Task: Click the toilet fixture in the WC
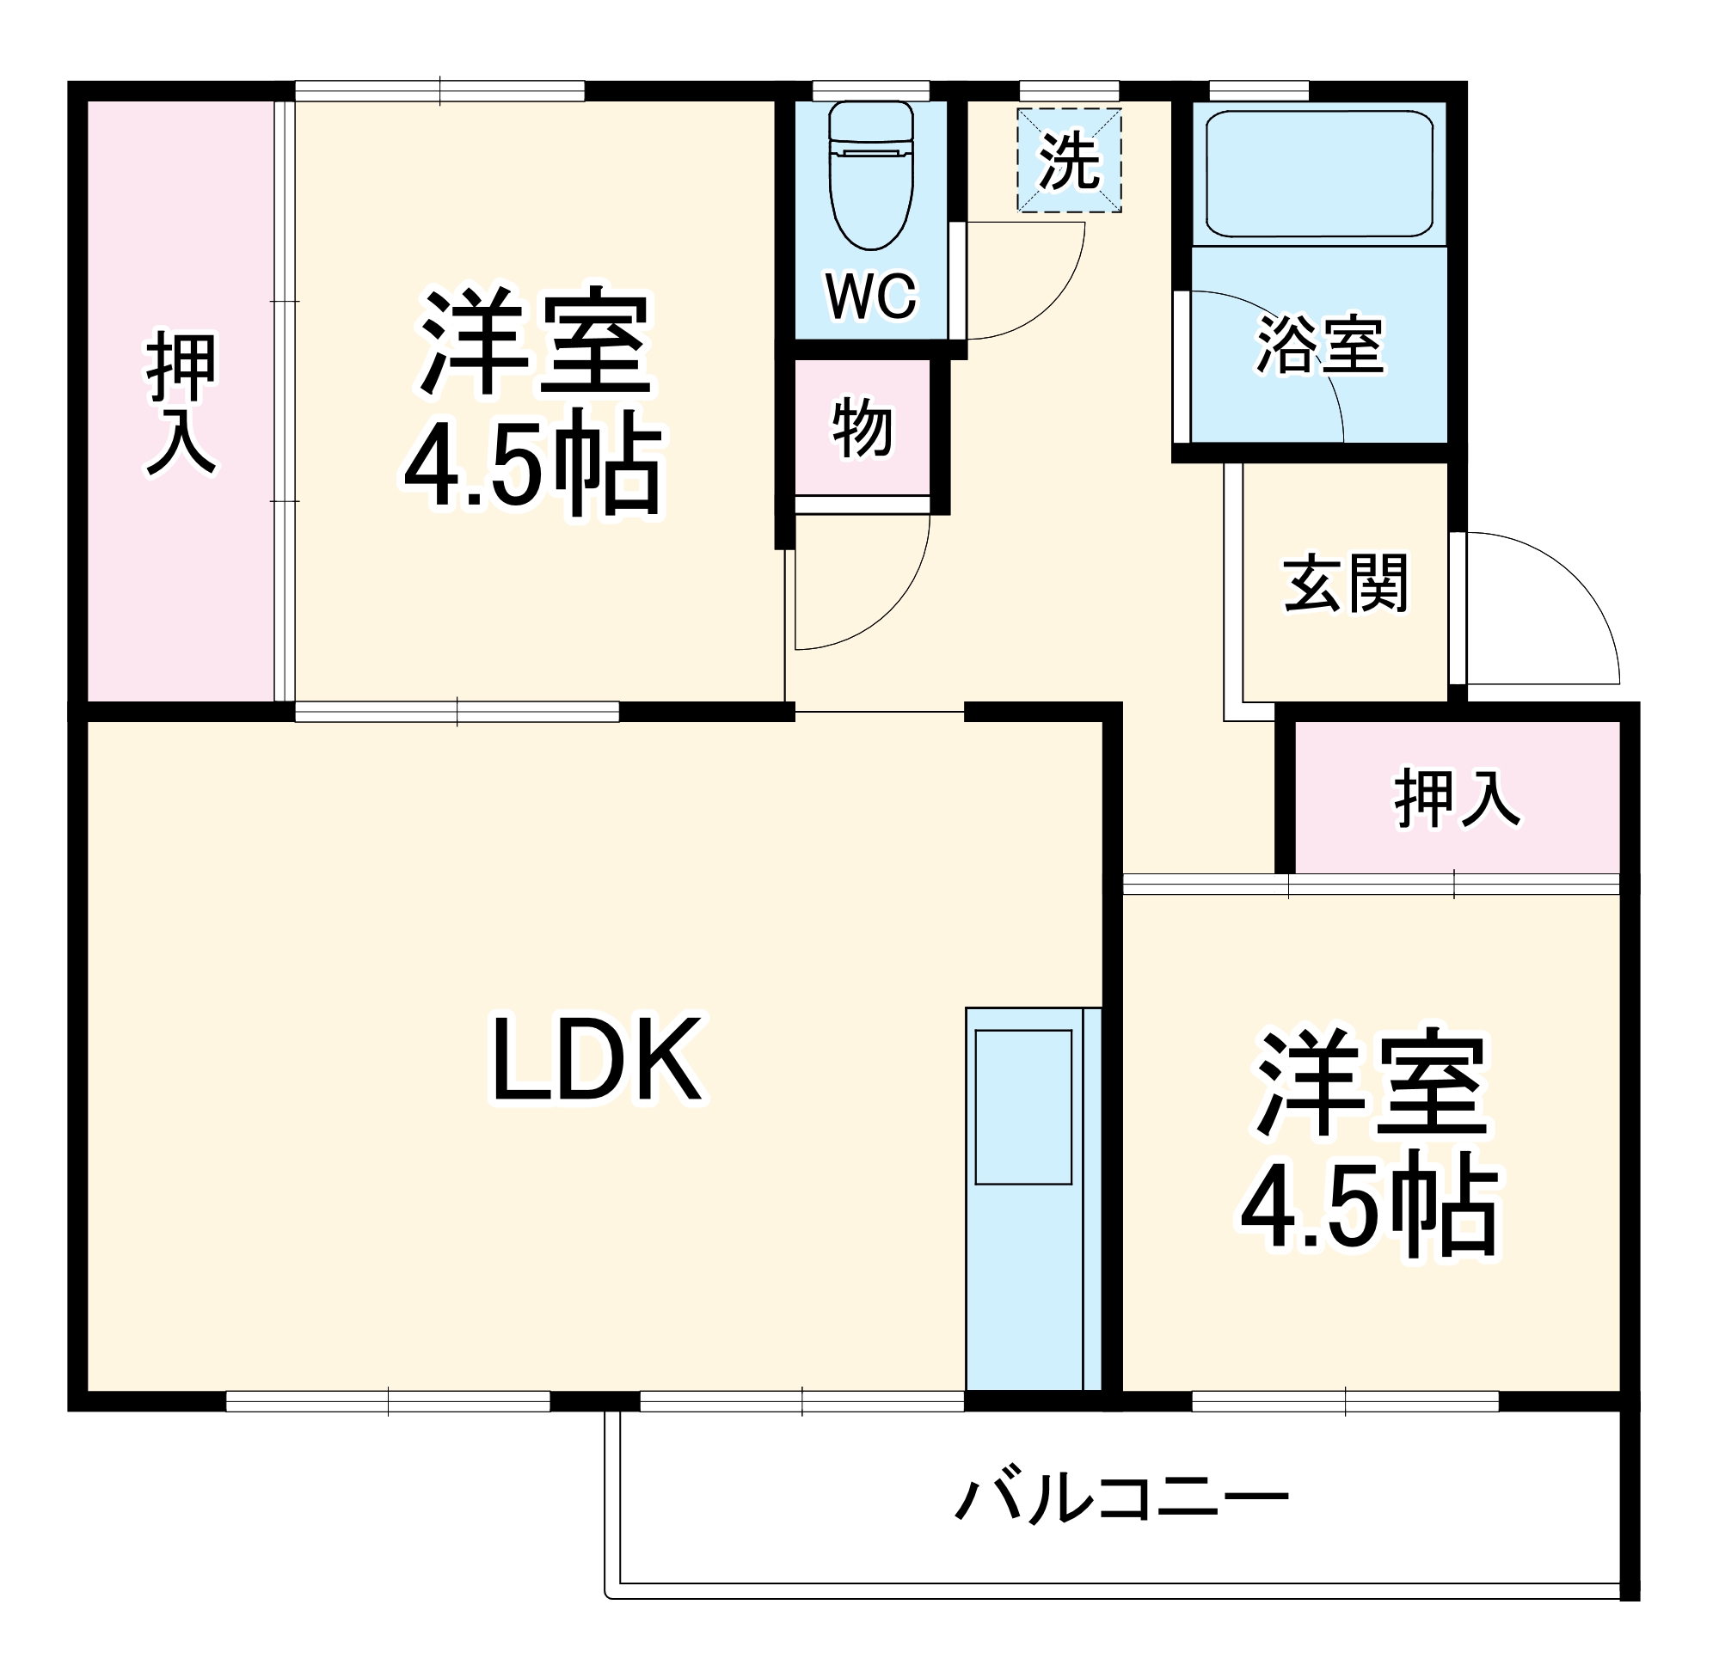coord(871,176)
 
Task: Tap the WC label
coord(870,296)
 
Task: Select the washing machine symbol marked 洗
coord(1068,161)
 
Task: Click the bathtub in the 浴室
coord(1318,174)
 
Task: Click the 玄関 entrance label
coord(1345,583)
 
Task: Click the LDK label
coord(598,1059)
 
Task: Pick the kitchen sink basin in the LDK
coord(1022,1107)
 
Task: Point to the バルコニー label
coord(1121,1498)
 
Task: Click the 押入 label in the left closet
coord(181,405)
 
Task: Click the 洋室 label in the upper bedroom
coord(535,341)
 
